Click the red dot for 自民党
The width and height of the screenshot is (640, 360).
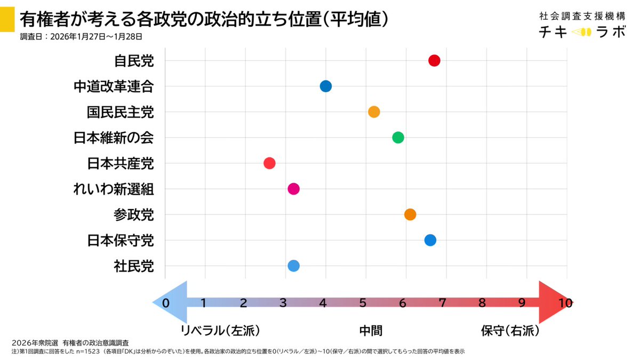click(434, 60)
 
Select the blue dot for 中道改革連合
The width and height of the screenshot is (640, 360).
click(326, 86)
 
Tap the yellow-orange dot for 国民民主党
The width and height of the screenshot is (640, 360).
click(374, 112)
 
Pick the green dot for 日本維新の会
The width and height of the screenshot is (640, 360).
click(398, 138)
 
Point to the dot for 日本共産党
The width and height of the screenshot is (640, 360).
click(269, 163)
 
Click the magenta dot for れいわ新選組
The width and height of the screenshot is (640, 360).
click(293, 189)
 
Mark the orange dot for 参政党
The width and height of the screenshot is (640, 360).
click(410, 214)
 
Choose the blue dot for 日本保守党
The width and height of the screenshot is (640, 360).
click(430, 240)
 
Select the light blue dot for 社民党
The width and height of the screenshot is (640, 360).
click(293, 266)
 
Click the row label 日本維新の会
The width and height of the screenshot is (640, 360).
click(114, 138)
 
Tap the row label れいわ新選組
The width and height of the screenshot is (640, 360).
click(114, 189)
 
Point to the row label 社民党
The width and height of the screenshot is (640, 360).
click(134, 266)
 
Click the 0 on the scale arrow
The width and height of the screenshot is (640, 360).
click(166, 303)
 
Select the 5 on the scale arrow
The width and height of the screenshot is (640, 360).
click(363, 303)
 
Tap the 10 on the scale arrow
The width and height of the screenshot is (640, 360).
click(565, 303)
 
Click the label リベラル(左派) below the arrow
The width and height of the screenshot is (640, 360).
click(220, 331)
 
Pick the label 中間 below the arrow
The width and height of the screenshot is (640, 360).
click(371, 331)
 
